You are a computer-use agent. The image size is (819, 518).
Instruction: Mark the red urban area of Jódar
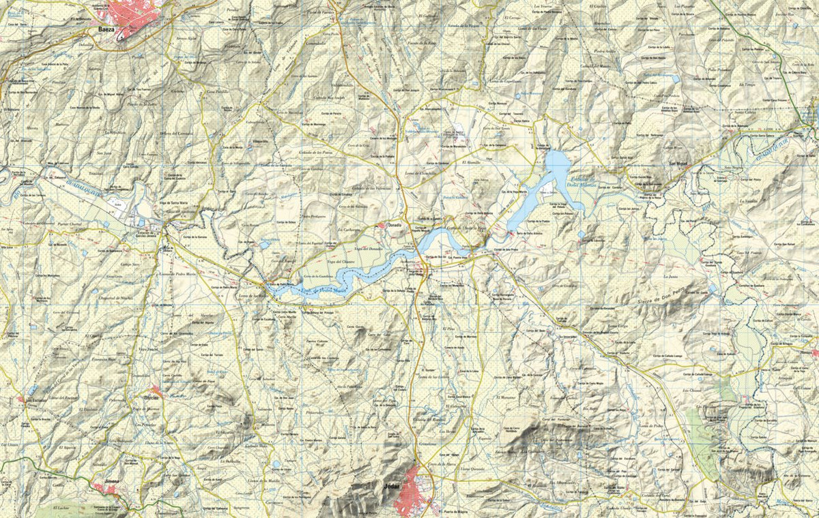tap(414, 491)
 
